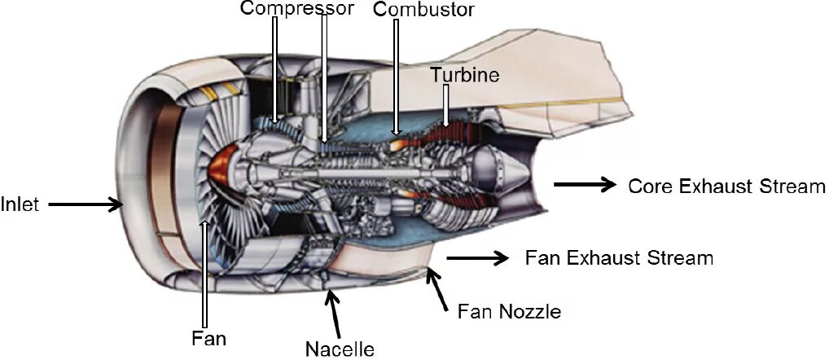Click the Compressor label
tap(297, 9)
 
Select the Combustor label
tap(423, 10)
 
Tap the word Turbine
tap(465, 74)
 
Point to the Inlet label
tap(20, 204)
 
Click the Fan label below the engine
tap(208, 337)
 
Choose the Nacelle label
tap(340, 349)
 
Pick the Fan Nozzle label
tap(509, 310)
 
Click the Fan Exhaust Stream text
tap(619, 259)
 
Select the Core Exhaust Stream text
tap(726, 187)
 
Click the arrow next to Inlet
tap(85, 204)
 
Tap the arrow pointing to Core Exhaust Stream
tap(585, 185)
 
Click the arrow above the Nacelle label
tap(331, 307)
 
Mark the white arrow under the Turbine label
tap(445, 106)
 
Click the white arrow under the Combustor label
tap(397, 77)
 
